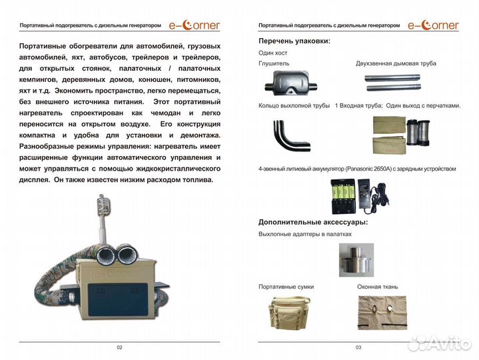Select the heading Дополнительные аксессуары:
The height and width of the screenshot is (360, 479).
click(x=313, y=222)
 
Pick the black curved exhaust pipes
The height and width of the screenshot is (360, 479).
click(x=288, y=135)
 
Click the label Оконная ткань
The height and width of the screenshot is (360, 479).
click(x=378, y=287)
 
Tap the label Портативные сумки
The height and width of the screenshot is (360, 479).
click(x=286, y=287)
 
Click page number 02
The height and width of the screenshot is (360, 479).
click(x=119, y=347)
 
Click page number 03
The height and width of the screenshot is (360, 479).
click(x=358, y=347)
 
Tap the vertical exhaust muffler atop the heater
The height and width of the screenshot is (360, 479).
click(x=104, y=205)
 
